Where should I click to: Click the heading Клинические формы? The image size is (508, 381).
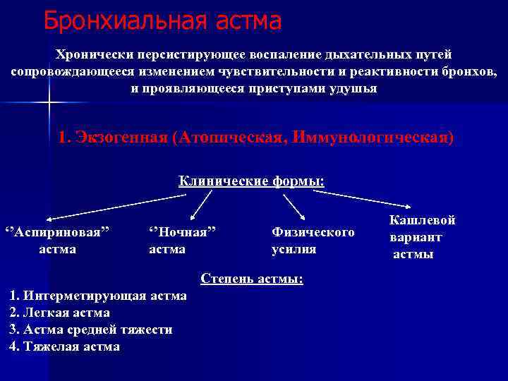pos(251,181)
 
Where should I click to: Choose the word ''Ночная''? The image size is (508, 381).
pos(182,231)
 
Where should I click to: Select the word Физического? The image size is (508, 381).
pos(313,231)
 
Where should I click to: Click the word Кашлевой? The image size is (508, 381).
pos(422,220)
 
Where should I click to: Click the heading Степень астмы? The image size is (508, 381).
pos(252,279)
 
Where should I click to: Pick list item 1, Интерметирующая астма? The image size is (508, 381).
pos(98,296)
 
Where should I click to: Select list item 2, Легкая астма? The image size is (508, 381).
pos(59,313)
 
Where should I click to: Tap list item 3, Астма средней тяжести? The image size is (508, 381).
pos(90,329)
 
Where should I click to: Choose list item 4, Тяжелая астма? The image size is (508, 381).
pos(64,346)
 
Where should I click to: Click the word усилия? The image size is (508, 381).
pos(294,249)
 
